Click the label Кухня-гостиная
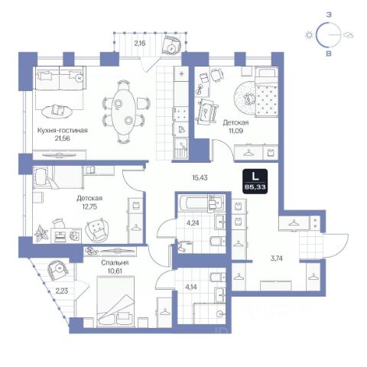[x=63, y=131]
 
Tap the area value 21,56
[x=63, y=138]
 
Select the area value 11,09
[x=235, y=131]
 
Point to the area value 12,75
[x=89, y=206]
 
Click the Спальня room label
[x=115, y=263]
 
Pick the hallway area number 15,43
[x=200, y=177]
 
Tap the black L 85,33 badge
[x=255, y=181]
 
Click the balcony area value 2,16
[x=140, y=44]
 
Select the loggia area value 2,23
[x=62, y=291]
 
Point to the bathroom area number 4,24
[x=193, y=223]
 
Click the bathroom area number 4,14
[x=192, y=287]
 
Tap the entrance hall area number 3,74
[x=276, y=258]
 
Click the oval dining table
[x=124, y=111]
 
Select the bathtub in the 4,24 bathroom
[x=201, y=203]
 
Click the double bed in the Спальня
[x=115, y=302]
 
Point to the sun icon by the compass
[x=309, y=35]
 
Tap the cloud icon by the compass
[x=348, y=35]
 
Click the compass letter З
[x=329, y=15]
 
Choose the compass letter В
[x=329, y=54]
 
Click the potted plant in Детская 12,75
[x=41, y=233]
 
